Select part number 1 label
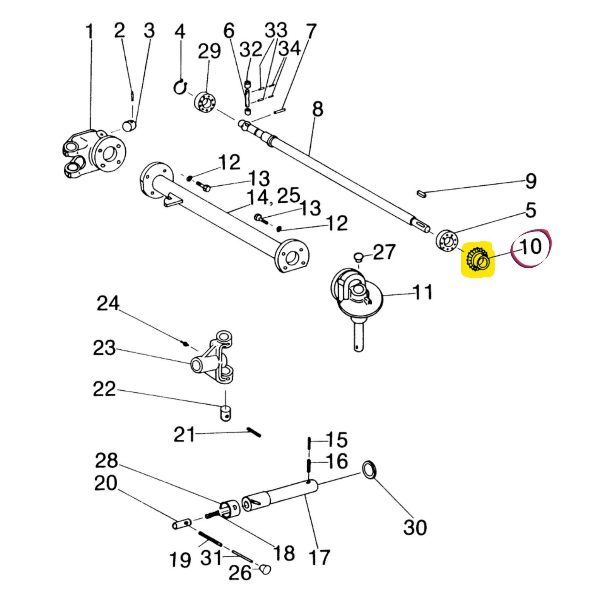pyautogui.click(x=89, y=32)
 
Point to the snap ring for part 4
pyautogui.click(x=180, y=87)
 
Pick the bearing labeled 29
pyautogui.click(x=205, y=102)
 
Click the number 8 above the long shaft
pyautogui.click(x=318, y=109)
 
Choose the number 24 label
pyautogui.click(x=108, y=304)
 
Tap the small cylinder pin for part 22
pyautogui.click(x=225, y=413)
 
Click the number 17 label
pyautogui.click(x=319, y=557)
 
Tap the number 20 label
pyautogui.click(x=106, y=483)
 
